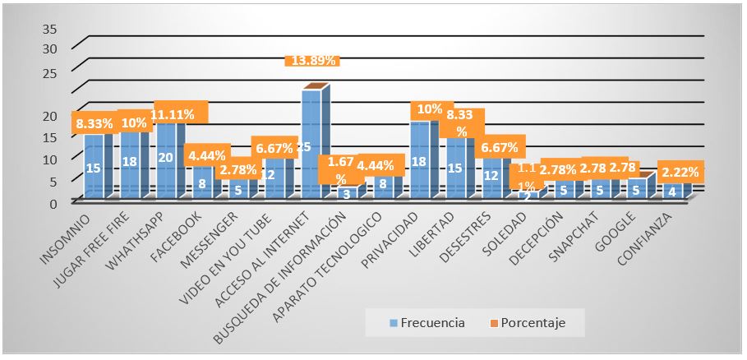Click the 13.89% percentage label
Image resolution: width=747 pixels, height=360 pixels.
[311, 61]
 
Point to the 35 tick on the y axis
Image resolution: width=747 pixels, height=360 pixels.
[48, 29]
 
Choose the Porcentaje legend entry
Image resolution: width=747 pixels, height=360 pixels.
[545, 323]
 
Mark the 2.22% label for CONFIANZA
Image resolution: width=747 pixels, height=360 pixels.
[679, 172]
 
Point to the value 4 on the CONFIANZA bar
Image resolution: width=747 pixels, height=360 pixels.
[674, 192]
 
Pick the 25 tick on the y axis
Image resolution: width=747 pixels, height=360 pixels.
[48, 73]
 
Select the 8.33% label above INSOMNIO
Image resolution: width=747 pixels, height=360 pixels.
[93, 125]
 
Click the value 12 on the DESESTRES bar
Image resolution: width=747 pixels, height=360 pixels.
[491, 175]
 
